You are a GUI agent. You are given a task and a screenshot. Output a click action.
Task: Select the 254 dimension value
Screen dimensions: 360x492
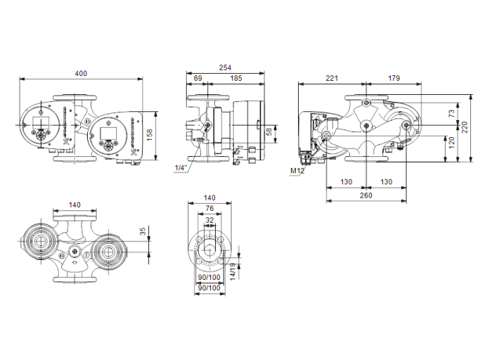(x=225, y=67)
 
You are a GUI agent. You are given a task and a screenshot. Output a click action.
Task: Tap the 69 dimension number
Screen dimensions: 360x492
(x=198, y=78)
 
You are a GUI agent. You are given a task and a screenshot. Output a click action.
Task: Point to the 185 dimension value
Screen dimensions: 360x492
(x=236, y=78)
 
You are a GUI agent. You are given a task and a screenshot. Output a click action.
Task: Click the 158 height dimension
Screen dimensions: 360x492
(x=169, y=133)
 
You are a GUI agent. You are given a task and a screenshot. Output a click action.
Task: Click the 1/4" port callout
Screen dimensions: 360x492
(x=181, y=168)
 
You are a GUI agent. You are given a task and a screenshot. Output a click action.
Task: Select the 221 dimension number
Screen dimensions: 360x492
(x=331, y=78)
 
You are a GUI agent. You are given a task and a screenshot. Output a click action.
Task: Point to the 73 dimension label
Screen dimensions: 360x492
(x=453, y=111)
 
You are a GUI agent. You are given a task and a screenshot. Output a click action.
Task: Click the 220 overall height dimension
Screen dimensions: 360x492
(x=465, y=127)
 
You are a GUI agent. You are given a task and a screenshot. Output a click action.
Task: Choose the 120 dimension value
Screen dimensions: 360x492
(x=453, y=143)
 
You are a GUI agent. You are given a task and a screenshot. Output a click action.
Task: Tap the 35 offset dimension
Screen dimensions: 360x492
(x=143, y=231)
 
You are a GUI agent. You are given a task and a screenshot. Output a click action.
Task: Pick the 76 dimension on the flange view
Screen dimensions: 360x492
(x=209, y=209)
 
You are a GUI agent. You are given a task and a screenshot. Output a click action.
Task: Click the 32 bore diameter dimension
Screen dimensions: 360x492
(x=209, y=219)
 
